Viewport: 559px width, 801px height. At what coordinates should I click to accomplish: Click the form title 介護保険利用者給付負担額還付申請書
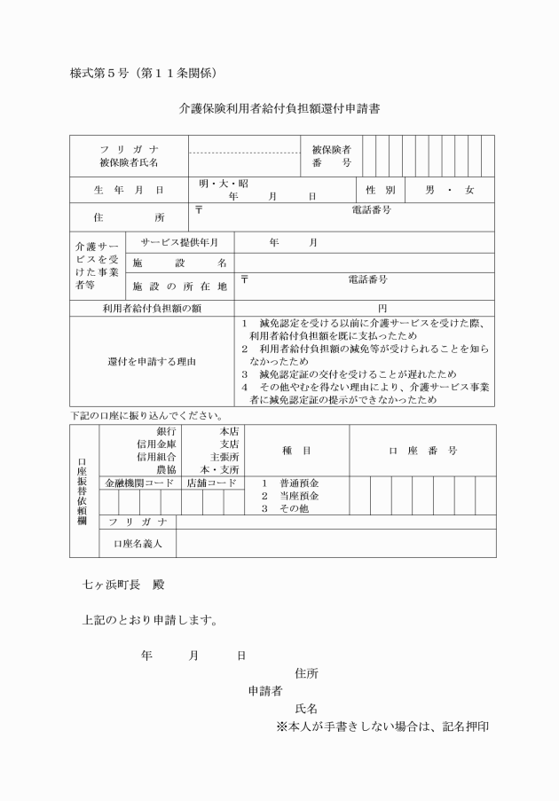pyautogui.click(x=279, y=110)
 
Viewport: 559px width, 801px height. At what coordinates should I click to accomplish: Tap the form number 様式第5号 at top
pyautogui.click(x=143, y=71)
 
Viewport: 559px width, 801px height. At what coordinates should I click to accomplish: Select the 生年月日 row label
pyautogui.click(x=129, y=190)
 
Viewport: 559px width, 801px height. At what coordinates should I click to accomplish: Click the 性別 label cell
pyautogui.click(x=379, y=190)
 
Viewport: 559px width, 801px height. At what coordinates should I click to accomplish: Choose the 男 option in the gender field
pyautogui.click(x=430, y=190)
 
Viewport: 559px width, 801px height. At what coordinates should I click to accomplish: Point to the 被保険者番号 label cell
pyautogui.click(x=331, y=156)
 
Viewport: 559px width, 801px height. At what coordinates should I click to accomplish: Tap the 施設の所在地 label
pyautogui.click(x=179, y=286)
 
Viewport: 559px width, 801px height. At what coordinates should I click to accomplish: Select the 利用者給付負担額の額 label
pyautogui.click(x=152, y=308)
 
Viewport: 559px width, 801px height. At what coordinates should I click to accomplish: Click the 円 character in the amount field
pyautogui.click(x=382, y=308)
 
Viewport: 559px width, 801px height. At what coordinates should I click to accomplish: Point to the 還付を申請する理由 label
pyautogui.click(x=152, y=362)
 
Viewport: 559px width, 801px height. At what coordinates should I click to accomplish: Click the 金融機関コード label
pyautogui.click(x=139, y=483)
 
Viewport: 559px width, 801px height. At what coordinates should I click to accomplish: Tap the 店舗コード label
pyautogui.click(x=212, y=483)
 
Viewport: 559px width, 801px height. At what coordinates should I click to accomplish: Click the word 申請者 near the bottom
pyautogui.click(x=264, y=690)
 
